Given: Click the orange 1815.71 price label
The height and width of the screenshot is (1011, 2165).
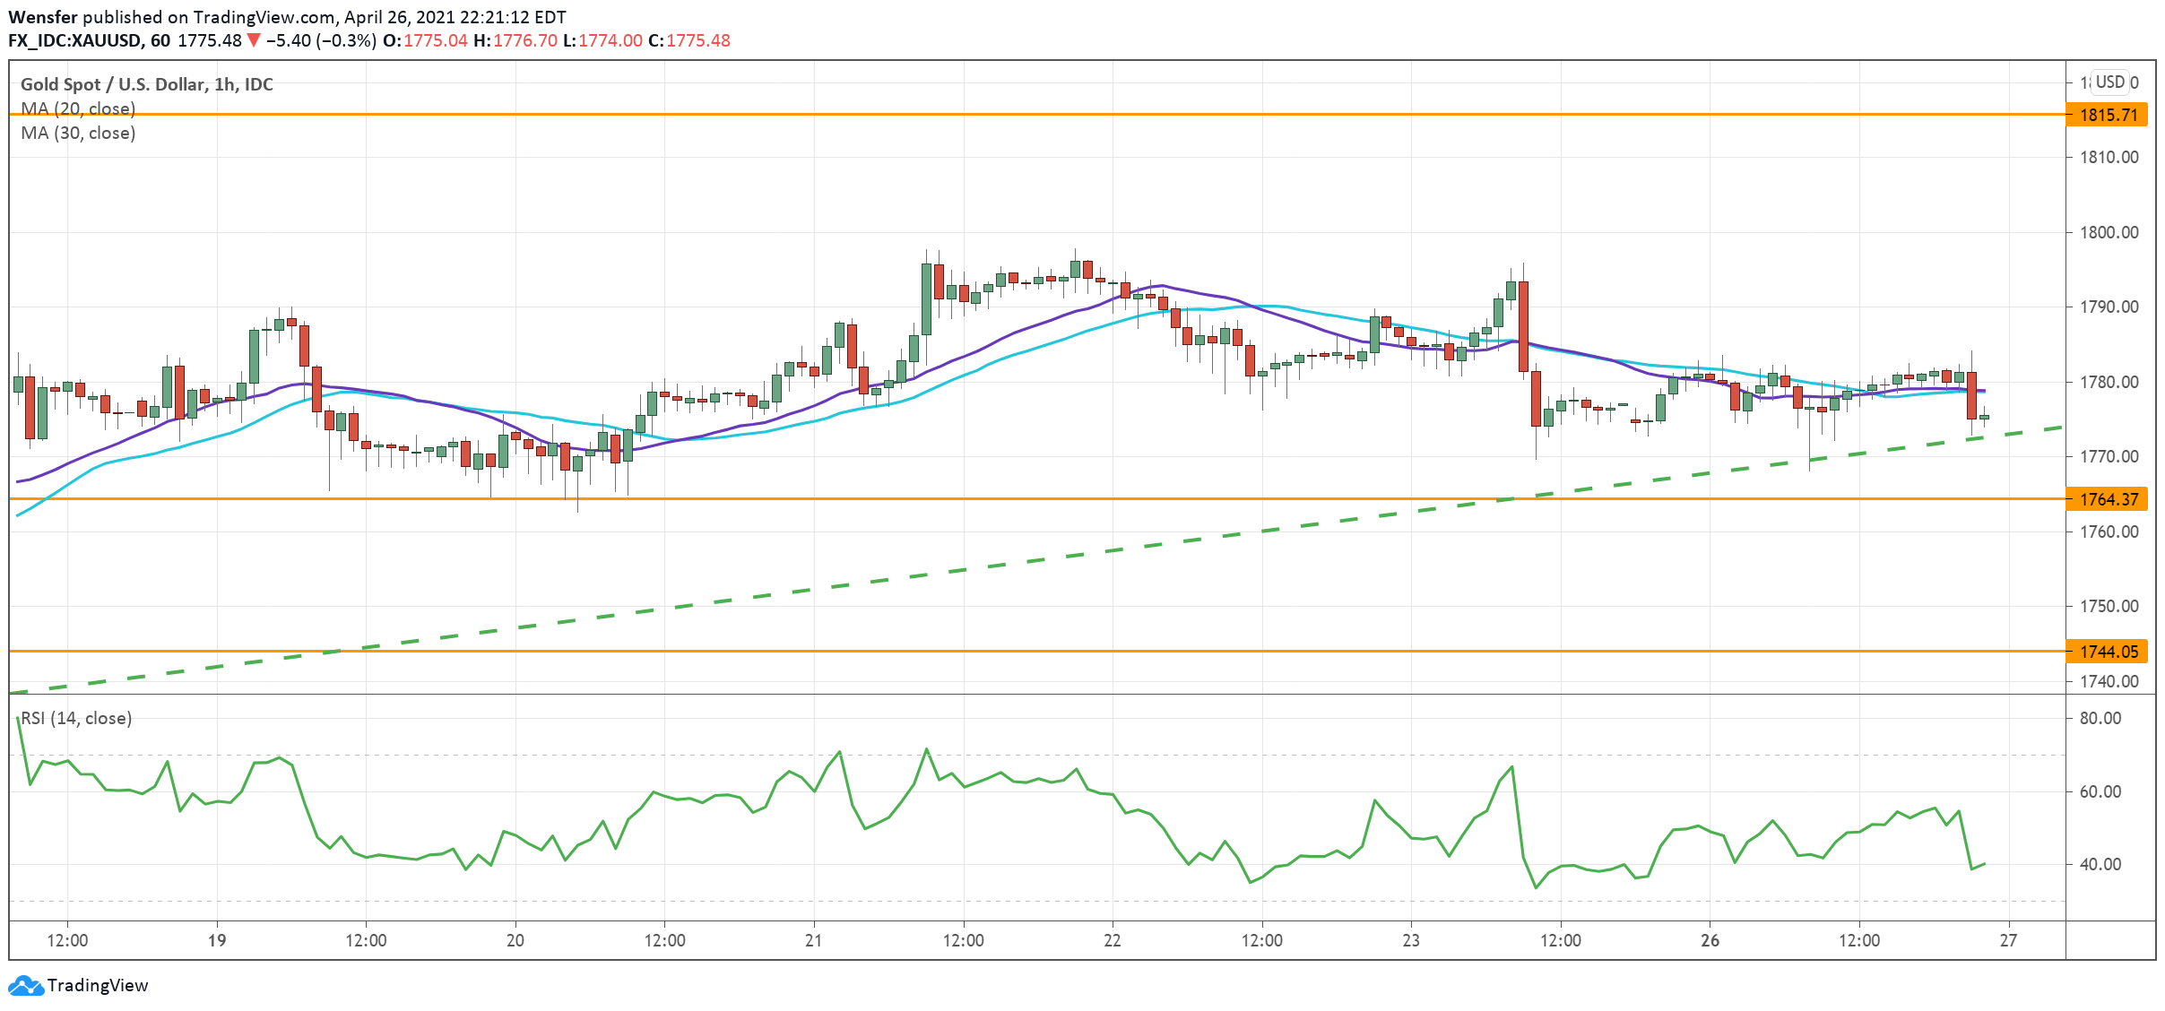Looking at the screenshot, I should point(2108,115).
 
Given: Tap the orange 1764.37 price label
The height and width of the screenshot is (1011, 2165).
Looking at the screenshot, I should point(2108,499).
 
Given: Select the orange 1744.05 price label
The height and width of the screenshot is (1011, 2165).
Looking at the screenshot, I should point(2108,652).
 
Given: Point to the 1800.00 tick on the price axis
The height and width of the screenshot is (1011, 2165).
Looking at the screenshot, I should point(2109,232).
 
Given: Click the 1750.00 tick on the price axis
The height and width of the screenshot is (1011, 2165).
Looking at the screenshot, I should point(2109,606).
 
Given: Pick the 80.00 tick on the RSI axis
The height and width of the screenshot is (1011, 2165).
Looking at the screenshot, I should point(2100,718).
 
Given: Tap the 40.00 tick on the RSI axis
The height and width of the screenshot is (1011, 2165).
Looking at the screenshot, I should point(2100,864).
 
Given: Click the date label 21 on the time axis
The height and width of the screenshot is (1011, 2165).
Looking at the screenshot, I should point(813,940).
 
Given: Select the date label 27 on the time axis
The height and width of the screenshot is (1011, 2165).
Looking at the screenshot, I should point(2008,940).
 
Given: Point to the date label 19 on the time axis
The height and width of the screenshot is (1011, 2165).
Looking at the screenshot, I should point(216,940).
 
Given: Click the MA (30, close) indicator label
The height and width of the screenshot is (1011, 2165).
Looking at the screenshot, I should point(78,133).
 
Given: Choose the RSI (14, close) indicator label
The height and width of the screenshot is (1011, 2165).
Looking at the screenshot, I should point(76,718).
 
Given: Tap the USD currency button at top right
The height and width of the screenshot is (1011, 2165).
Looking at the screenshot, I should point(2109,82).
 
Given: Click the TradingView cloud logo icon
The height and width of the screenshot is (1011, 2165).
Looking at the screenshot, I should point(25,985).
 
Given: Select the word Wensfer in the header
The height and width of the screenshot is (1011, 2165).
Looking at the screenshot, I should point(43,17).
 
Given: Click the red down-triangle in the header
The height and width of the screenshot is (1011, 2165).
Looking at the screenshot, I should point(254,40).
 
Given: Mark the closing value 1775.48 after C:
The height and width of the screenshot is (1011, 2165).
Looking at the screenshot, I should point(698,40).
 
